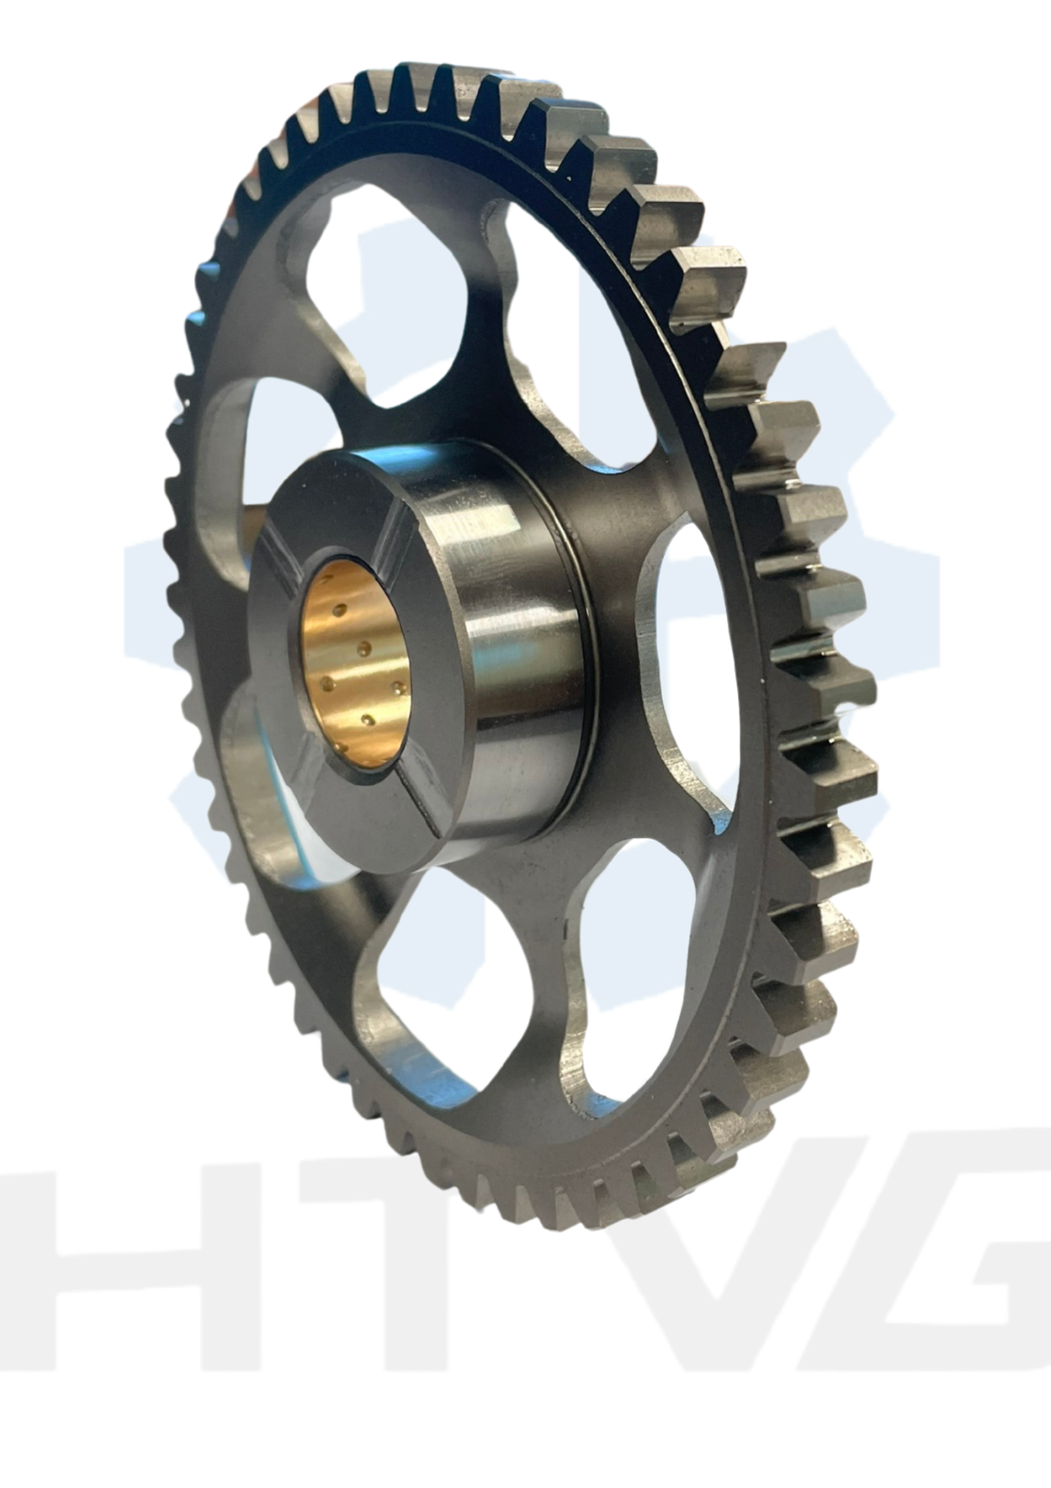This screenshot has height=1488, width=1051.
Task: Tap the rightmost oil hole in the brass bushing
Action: (398, 686)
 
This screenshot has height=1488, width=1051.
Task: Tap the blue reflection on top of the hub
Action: (398, 458)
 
